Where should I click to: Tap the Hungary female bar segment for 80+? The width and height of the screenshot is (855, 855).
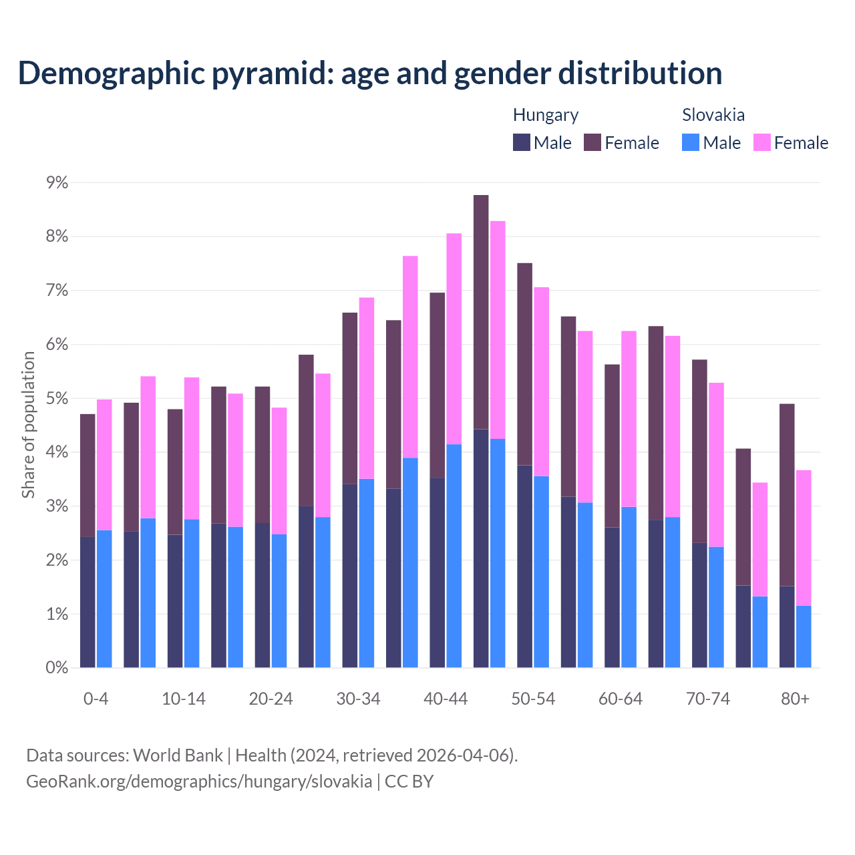[787, 494]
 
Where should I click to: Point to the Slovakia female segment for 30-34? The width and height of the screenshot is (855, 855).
[367, 388]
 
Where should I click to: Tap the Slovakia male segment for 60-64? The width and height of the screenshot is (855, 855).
[629, 587]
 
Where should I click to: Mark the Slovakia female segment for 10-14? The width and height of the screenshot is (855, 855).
[192, 448]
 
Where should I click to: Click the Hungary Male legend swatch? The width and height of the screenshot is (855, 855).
[522, 142]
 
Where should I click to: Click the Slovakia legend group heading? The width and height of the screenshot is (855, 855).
[713, 115]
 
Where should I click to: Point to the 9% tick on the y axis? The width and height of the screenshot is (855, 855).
[57, 182]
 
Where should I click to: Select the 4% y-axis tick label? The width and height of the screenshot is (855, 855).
[57, 452]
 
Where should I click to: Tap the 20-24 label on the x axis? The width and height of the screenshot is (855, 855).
[271, 699]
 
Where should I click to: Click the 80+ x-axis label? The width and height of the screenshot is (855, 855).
[795, 699]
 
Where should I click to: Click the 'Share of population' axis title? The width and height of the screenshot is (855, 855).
[28, 425]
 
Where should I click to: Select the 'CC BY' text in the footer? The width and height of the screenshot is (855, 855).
[409, 781]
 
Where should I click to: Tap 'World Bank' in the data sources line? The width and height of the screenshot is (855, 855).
[178, 755]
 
